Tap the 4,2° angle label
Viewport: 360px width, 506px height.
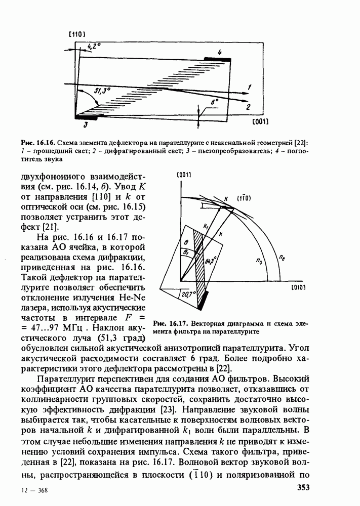[x=94, y=46]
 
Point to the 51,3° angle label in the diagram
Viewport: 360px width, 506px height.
[x=103, y=91]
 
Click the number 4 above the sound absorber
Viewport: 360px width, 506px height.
[x=220, y=52]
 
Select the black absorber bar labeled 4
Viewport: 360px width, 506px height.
[x=217, y=59]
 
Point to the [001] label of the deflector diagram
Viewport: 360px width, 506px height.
[x=259, y=122]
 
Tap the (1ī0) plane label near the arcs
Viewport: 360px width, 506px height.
[x=244, y=198]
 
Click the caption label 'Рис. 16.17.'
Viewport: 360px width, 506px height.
[x=169, y=323]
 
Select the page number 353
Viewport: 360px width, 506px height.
[x=303, y=488]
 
